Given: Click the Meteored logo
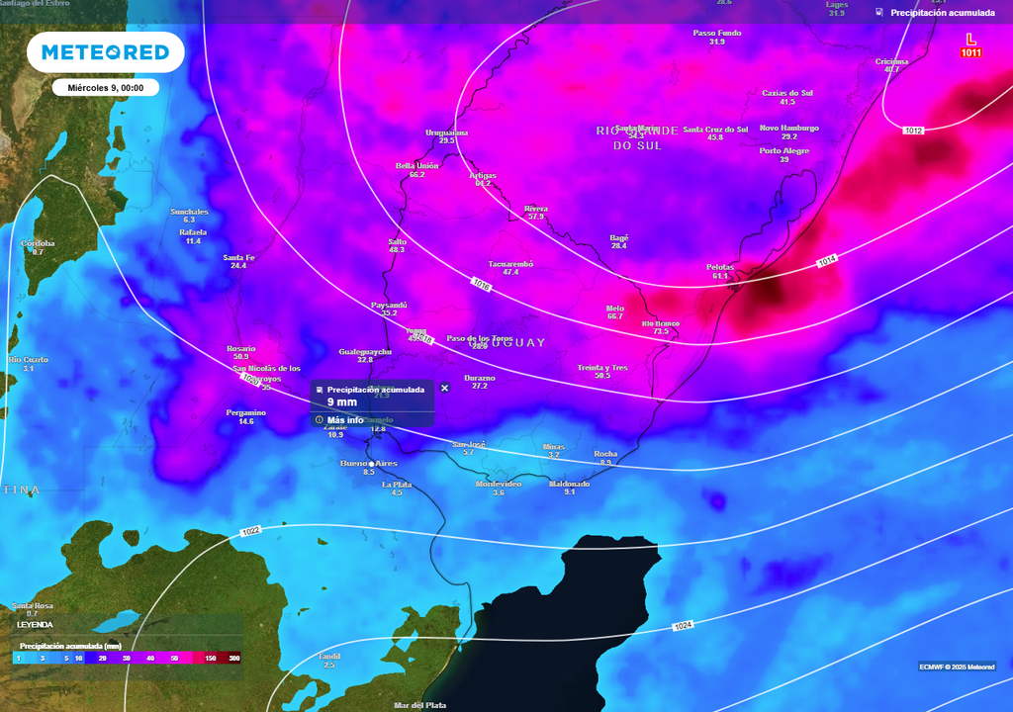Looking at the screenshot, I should (x=105, y=52).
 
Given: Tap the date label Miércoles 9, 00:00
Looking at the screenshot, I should (x=106, y=88).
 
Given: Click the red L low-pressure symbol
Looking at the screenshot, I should (x=970, y=40).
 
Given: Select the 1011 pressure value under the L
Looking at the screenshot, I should (x=970, y=52).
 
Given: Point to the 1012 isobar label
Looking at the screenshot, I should (x=912, y=131).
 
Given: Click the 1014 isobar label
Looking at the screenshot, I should (x=827, y=261).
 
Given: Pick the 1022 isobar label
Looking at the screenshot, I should (x=250, y=532).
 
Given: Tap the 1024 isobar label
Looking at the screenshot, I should (x=683, y=627).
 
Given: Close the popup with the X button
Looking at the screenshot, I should (x=444, y=388).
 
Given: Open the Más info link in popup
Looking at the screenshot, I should (x=345, y=419).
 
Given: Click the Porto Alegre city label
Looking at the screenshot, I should (x=784, y=151).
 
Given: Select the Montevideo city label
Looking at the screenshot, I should (x=499, y=484).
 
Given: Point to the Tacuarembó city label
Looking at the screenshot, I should (x=510, y=263).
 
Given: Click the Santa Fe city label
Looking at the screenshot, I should (x=238, y=257).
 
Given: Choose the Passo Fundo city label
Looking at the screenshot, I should (x=717, y=33).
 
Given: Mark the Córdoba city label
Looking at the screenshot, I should (x=38, y=243).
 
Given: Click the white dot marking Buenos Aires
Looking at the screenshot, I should (x=371, y=463).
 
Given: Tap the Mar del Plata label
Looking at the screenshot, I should (x=421, y=705).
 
